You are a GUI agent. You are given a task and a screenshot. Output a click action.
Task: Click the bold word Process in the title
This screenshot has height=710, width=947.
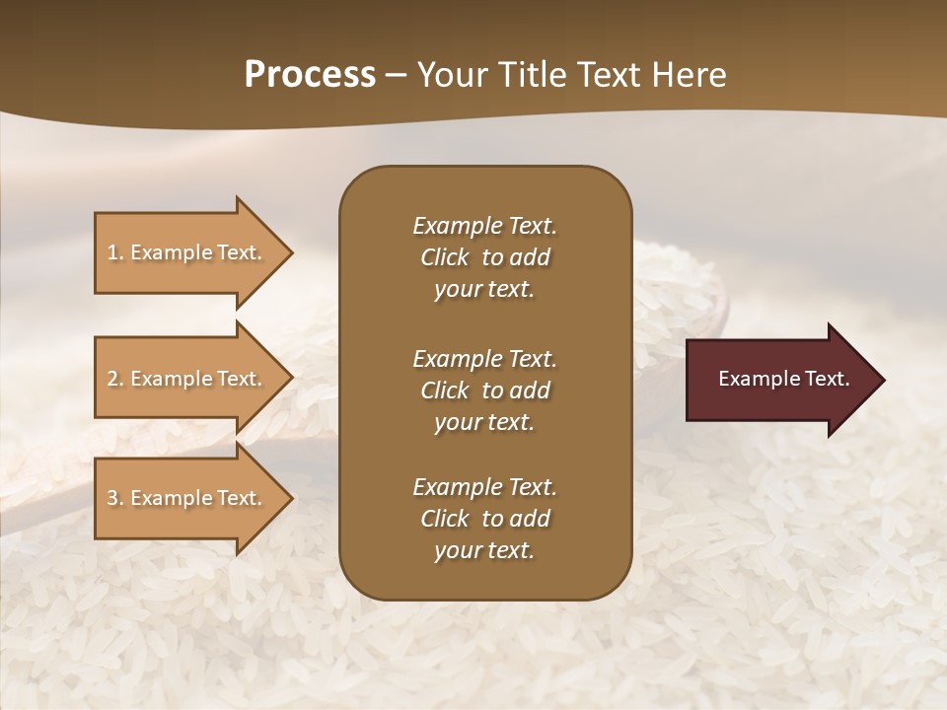310,75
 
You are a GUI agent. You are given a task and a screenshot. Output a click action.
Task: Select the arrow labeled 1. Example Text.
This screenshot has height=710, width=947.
187,252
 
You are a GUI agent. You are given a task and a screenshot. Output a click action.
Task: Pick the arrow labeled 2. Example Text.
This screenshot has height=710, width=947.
187,379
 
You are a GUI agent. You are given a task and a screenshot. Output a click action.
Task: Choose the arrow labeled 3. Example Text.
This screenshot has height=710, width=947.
187,498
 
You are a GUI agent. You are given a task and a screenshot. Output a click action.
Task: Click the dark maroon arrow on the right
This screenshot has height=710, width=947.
779,380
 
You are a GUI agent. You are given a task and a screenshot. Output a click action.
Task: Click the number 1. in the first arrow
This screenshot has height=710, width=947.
115,252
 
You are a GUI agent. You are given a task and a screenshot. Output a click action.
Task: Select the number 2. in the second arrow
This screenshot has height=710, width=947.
115,379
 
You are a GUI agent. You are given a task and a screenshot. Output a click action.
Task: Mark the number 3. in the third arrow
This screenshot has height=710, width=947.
115,498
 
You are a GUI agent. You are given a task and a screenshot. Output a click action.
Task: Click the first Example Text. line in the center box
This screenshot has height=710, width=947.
484,226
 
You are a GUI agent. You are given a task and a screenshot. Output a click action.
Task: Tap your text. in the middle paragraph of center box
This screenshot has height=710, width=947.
483,422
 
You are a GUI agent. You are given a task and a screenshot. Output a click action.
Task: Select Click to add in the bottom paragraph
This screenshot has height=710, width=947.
484,519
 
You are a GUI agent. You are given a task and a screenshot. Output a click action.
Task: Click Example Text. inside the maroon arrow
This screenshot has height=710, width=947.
783,379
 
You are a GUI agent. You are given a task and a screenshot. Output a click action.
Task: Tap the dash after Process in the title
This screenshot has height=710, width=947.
396,75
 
